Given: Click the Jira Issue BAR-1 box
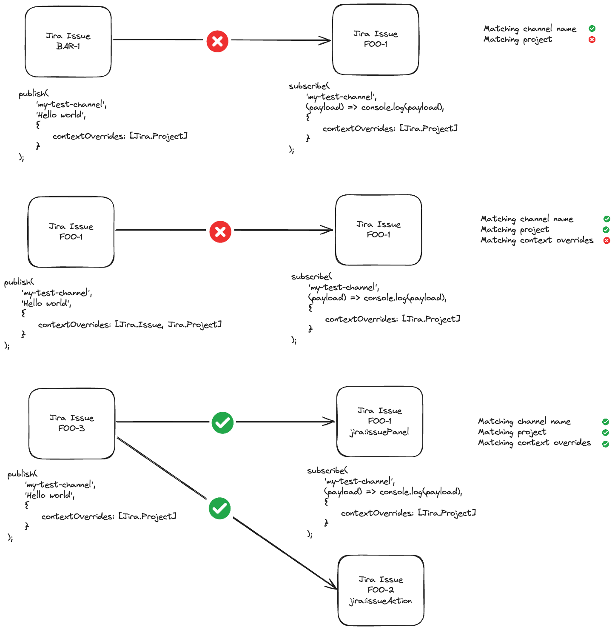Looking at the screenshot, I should click(68, 42).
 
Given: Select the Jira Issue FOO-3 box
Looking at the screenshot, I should click(71, 423).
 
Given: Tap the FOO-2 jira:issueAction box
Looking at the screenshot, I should click(381, 590).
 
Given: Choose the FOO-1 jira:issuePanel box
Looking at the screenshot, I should click(379, 421).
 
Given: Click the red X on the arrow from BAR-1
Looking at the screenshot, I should click(217, 41).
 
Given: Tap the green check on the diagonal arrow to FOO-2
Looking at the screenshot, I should click(220, 508).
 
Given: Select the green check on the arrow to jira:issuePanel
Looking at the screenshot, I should click(222, 422).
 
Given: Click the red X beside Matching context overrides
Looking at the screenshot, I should click(607, 241).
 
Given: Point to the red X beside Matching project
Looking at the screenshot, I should click(592, 40).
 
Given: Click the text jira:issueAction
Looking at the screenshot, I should click(381, 601).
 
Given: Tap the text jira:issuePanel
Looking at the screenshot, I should click(379, 432).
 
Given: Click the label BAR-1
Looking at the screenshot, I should click(68, 46).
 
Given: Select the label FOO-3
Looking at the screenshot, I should click(71, 428).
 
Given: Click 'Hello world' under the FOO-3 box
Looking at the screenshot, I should click(50, 495).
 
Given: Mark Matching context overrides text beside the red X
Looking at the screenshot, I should click(537, 240).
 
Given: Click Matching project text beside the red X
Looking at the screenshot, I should click(518, 40).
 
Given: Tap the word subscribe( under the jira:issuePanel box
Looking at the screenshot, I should click(327, 470).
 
